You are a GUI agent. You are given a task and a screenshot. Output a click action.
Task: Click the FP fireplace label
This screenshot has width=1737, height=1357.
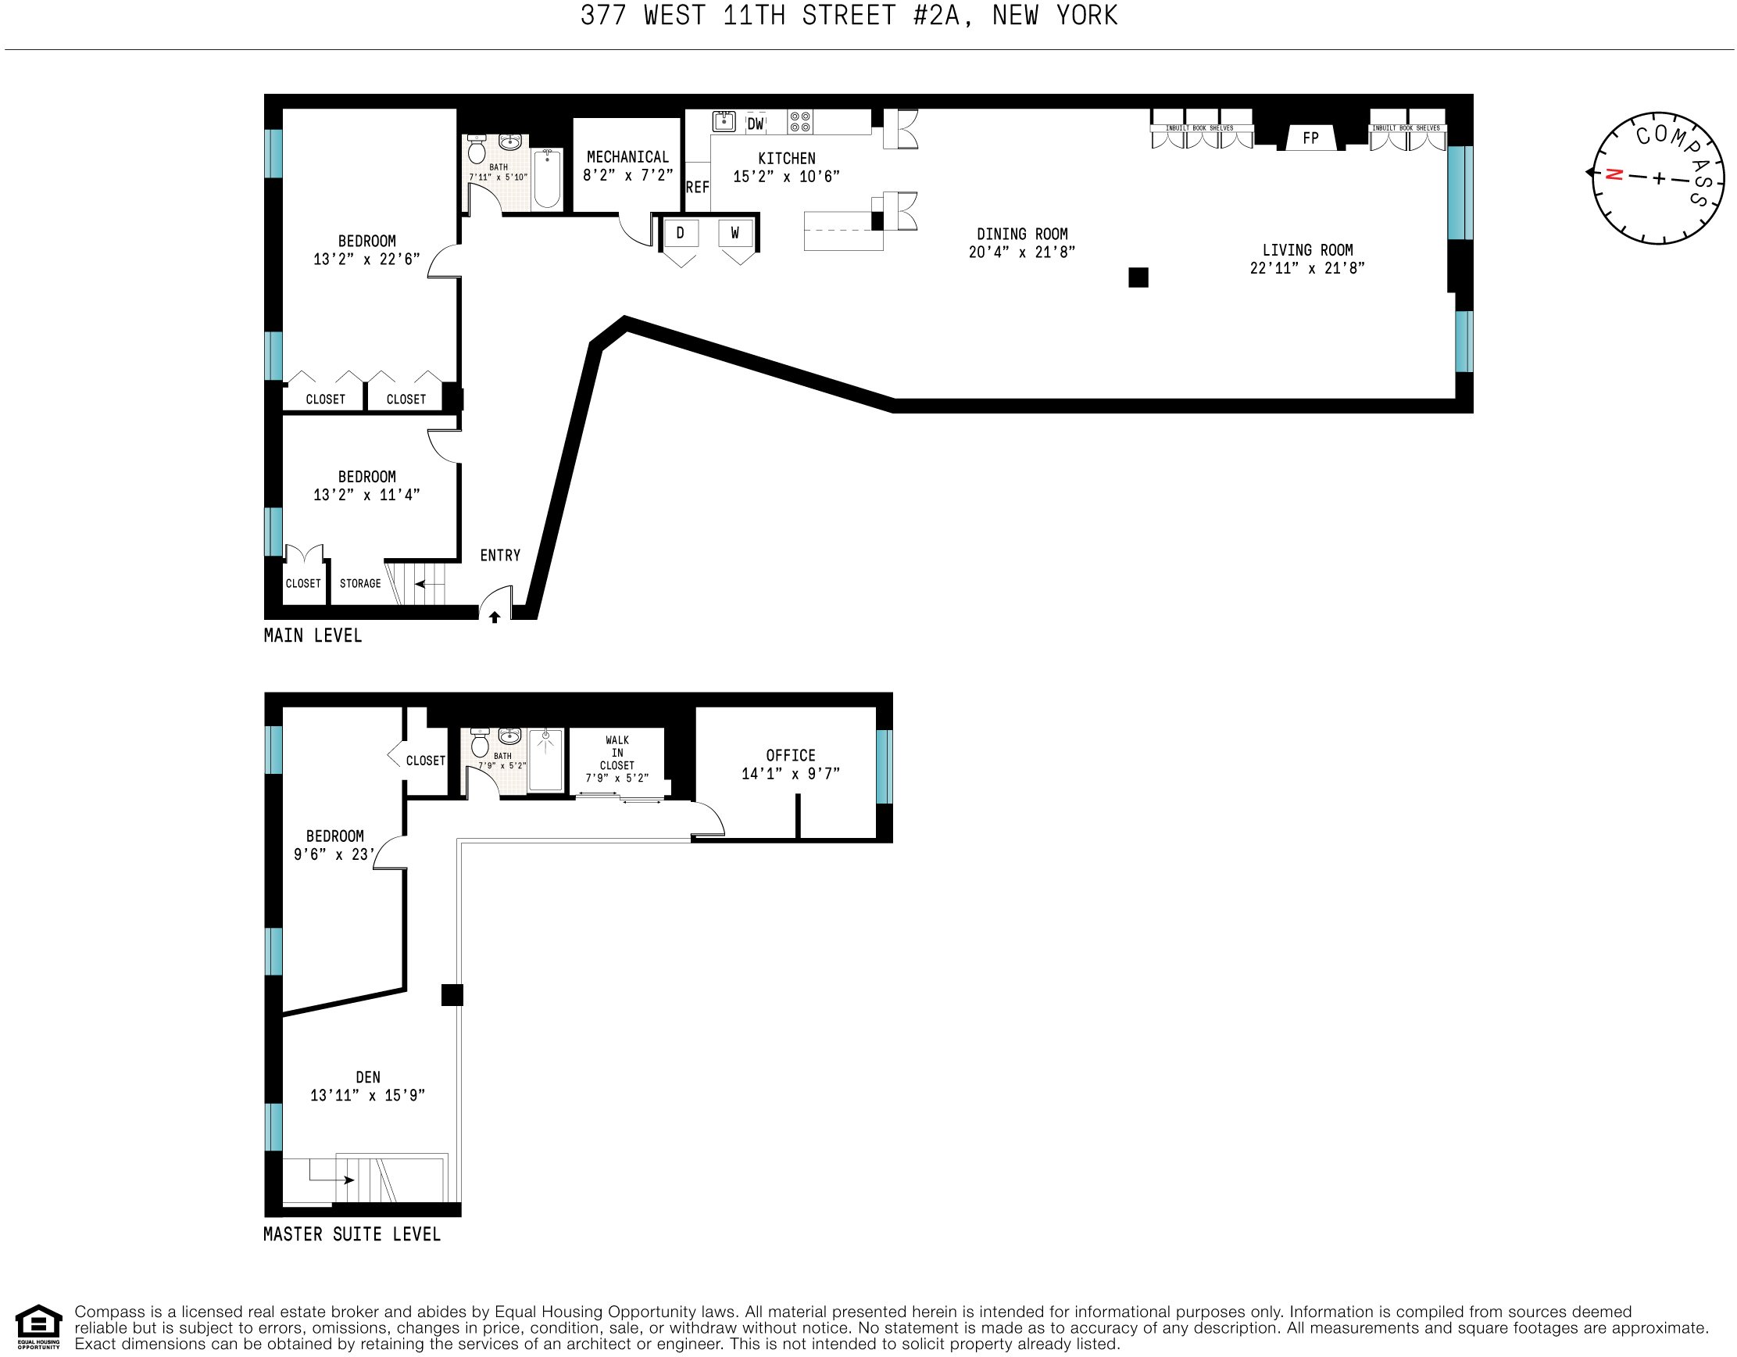1310,138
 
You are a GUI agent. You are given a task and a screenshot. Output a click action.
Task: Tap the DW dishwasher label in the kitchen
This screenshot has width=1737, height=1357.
755,124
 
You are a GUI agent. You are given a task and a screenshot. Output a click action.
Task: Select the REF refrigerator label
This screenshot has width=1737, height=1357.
697,187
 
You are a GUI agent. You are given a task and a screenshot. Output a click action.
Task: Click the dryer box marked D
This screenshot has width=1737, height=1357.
680,233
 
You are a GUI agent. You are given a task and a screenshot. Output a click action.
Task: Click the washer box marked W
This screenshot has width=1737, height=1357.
734,233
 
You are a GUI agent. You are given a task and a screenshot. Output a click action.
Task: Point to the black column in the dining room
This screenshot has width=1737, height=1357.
1138,277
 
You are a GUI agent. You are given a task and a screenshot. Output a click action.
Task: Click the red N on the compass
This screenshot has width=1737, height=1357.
1614,174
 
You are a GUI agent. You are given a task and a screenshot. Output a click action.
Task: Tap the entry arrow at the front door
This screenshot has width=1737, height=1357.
494,617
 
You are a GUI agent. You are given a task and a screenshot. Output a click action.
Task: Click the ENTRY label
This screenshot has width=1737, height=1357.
499,555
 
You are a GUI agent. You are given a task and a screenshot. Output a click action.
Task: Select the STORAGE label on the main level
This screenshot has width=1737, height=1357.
359,583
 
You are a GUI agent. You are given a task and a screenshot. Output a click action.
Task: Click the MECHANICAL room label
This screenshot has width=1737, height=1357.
627,156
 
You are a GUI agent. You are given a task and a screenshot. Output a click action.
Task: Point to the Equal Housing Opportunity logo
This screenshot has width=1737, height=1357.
38,1327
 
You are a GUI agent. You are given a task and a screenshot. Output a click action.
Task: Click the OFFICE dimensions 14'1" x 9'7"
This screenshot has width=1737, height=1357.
790,773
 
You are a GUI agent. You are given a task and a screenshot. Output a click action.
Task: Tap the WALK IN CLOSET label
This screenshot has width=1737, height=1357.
617,753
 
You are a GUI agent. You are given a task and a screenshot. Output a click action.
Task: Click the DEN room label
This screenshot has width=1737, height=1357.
367,1077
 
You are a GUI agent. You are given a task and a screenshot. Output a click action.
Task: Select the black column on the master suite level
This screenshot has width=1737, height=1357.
452,994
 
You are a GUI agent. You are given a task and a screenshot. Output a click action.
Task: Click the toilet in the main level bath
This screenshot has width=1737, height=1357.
477,149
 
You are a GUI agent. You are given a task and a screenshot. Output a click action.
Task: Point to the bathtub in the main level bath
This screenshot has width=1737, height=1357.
546,179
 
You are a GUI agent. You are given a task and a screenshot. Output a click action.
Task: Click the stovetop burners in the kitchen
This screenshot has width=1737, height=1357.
799,122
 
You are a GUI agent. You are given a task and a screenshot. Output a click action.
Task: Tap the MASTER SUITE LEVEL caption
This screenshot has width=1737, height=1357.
352,1233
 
